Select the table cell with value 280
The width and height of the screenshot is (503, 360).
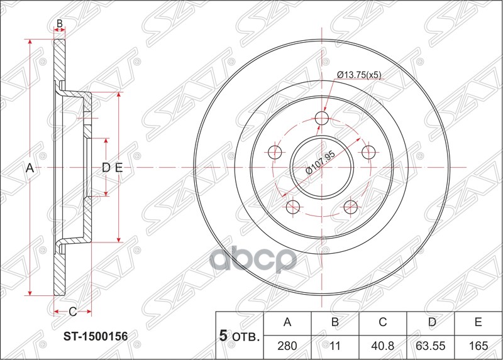click(287, 346)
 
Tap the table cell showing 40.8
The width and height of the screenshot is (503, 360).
click(382, 346)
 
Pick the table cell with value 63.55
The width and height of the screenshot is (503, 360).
click(431, 346)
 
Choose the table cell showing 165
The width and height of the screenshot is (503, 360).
click(478, 346)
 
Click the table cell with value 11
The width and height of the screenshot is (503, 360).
click(335, 346)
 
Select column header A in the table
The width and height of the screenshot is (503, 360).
click(287, 323)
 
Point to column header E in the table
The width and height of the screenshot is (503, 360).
click(478, 323)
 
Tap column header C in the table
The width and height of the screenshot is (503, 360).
click(382, 323)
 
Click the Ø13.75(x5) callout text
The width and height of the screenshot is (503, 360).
click(359, 75)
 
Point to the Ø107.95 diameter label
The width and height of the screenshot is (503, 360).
click(320, 163)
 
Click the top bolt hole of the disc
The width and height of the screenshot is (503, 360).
click(322, 119)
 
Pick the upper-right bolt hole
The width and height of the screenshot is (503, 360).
click(368, 151)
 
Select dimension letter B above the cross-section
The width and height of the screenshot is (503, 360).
click(60, 24)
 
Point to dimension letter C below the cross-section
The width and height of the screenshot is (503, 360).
click(72, 312)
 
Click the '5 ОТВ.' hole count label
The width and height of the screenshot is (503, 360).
click(238, 337)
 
